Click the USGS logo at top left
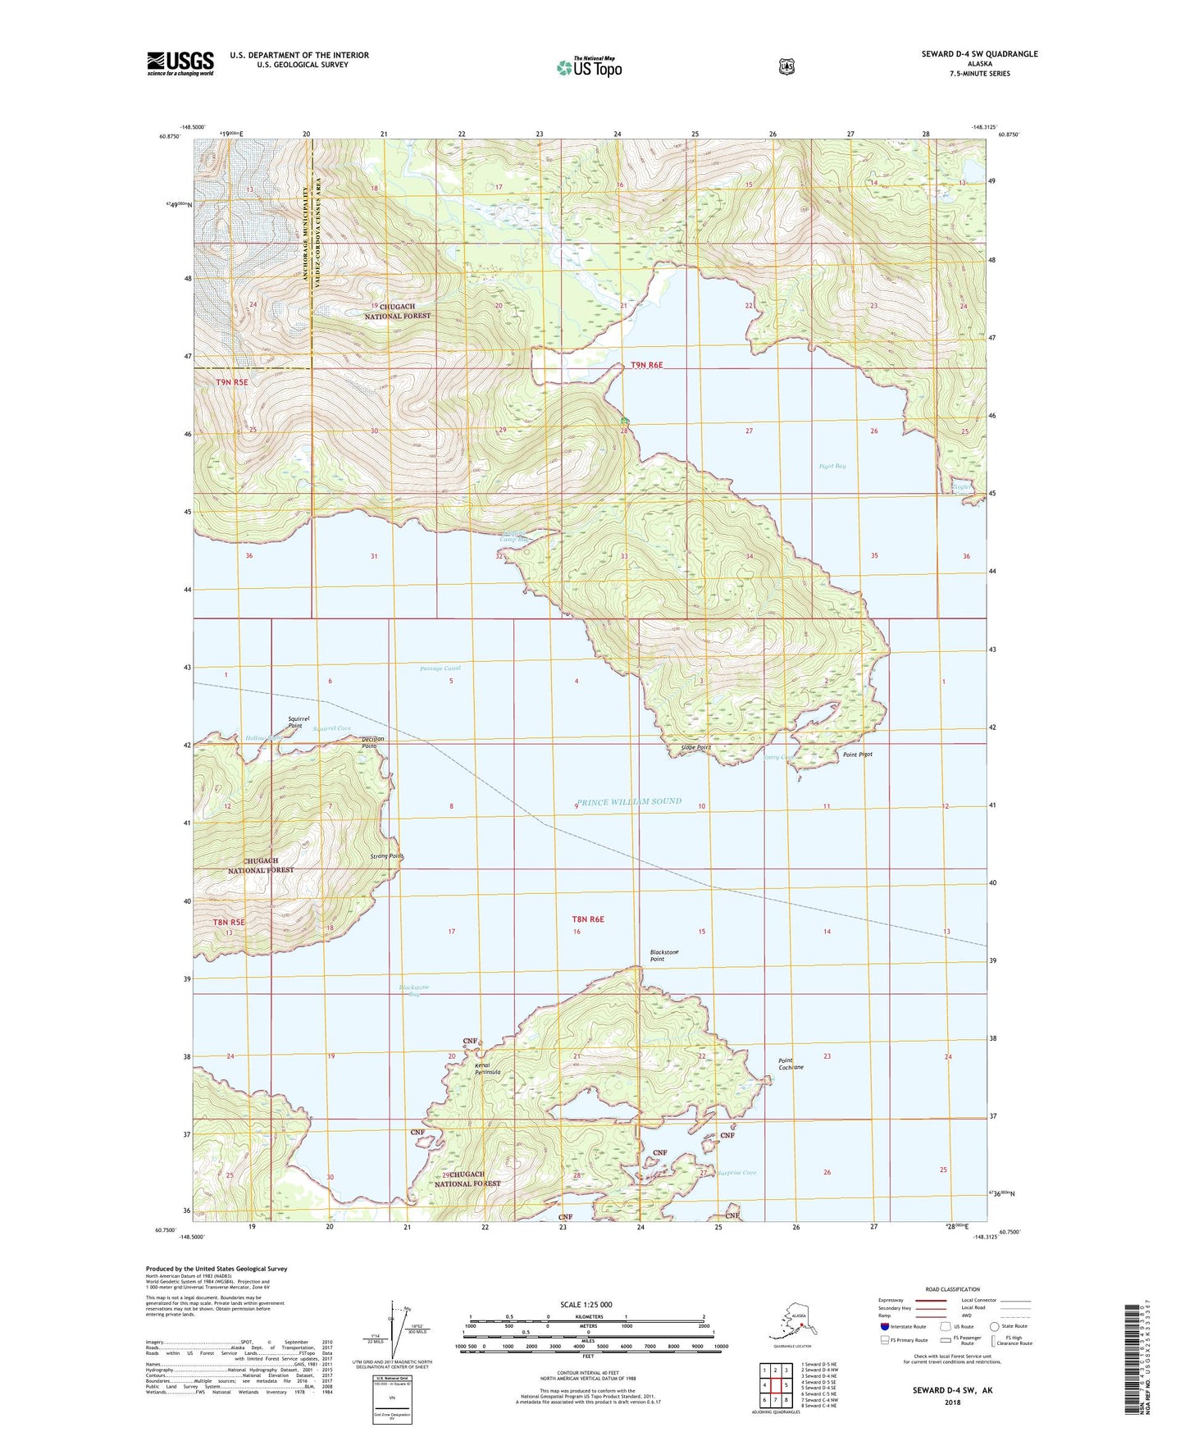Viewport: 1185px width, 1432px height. tap(180, 62)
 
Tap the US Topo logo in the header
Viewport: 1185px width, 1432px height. tap(588, 67)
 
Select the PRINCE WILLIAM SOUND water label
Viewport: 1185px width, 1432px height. tap(628, 801)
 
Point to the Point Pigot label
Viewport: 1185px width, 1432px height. tap(858, 755)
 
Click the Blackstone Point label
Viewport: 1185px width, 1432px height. tap(664, 955)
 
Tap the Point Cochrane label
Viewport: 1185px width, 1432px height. tap(791, 1064)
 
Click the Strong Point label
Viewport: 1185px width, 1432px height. tap(387, 856)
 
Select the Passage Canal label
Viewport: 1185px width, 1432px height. tap(440, 668)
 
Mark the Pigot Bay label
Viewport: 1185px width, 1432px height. tap(832, 466)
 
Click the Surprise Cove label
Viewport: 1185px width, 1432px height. tap(736, 1173)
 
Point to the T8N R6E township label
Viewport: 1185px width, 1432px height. tap(587, 919)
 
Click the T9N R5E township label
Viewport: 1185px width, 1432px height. tap(232, 382)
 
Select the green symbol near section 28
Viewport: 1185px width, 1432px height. tap(625, 419)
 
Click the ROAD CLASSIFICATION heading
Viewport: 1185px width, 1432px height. tap(953, 1289)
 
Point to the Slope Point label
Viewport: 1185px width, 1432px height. tap(695, 748)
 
